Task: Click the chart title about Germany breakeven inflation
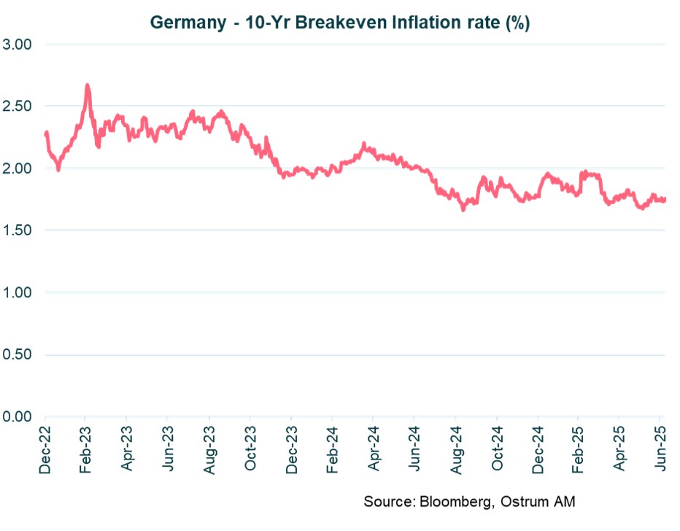(x=339, y=23)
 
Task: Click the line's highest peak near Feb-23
(x=87, y=85)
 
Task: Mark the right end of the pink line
(x=665, y=199)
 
